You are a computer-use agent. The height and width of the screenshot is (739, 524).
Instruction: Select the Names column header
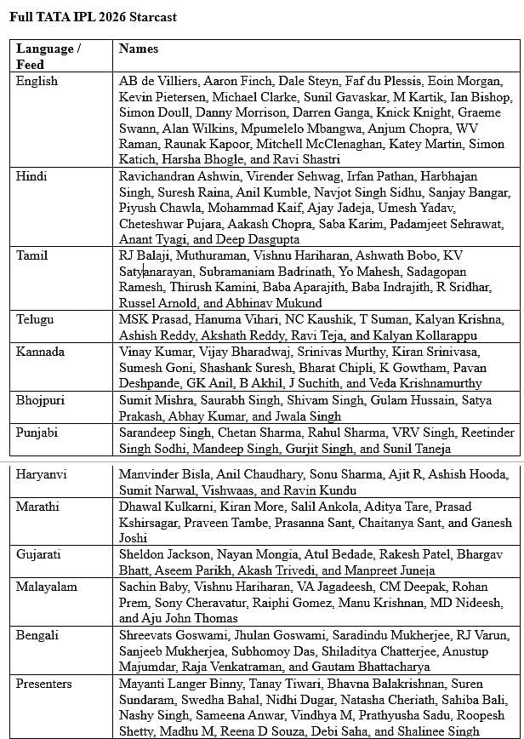coord(139,49)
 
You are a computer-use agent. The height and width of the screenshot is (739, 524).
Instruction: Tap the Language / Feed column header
coord(48,56)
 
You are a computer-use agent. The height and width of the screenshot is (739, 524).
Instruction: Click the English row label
coord(37,81)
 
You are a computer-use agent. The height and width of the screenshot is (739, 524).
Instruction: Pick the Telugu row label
coord(35,318)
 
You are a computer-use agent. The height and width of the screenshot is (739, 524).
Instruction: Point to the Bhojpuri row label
coord(41,399)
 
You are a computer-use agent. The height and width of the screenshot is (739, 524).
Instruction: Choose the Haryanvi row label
coord(42,473)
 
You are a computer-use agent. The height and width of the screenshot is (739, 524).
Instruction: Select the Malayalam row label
coord(47,587)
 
